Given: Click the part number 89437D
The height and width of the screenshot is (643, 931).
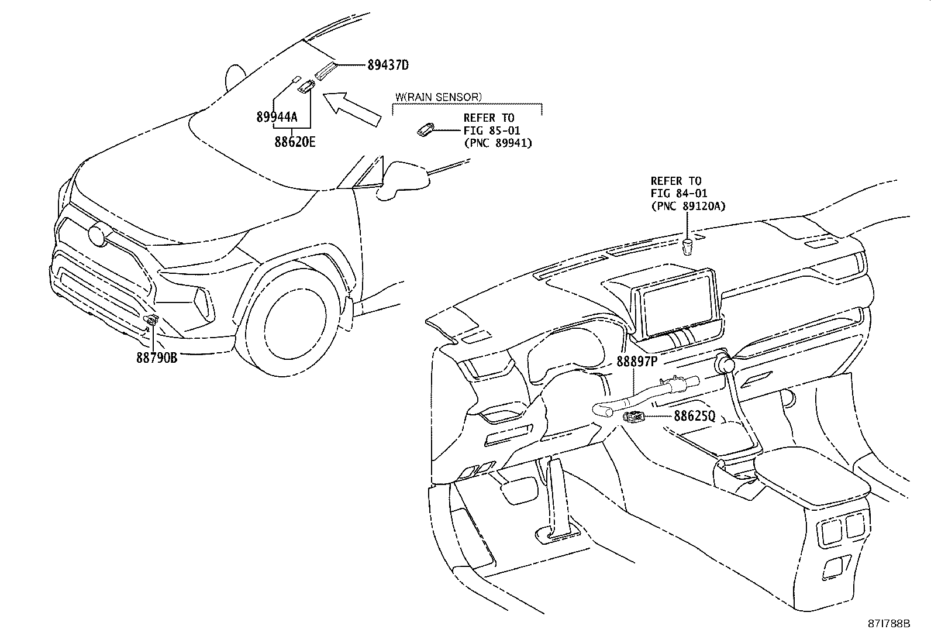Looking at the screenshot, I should pos(388,65).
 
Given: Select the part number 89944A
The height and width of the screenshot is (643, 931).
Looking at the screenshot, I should pos(277,116).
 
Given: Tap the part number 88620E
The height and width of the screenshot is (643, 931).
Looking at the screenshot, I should pos(295,141).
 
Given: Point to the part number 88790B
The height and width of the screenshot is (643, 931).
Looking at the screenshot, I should pos(157,357).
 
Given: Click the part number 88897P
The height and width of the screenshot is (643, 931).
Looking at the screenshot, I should pos(637,362).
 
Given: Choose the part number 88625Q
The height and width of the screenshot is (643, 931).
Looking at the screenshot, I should pos(694,417).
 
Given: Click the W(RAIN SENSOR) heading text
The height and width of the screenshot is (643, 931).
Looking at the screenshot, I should pos(439,97).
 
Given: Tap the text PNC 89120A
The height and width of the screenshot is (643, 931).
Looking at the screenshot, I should pos(688,206).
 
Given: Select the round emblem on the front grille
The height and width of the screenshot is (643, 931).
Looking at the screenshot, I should pos(96,235).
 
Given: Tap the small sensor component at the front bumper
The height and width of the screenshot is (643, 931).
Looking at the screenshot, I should pos(152,319).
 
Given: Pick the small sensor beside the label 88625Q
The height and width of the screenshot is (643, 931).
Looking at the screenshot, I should pos(635,417).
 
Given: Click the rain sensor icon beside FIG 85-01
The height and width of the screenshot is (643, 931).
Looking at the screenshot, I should pos(425,130).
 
